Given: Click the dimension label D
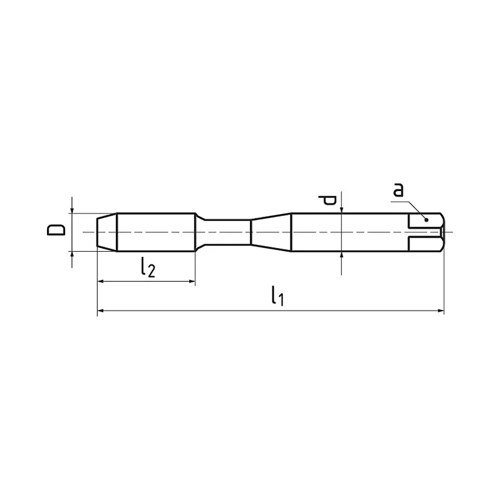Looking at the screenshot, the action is pyautogui.click(x=56, y=230).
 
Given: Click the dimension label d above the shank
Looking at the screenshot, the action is pyautogui.click(x=327, y=200).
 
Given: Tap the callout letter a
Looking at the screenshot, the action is pyautogui.click(x=398, y=190).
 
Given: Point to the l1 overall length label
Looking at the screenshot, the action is pyautogui.click(x=277, y=296).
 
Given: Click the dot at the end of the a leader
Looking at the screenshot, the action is pyautogui.click(x=426, y=220).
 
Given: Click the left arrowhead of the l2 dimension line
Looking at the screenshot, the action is pyautogui.click(x=100, y=281).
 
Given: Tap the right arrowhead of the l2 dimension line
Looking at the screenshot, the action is pyautogui.click(x=192, y=281).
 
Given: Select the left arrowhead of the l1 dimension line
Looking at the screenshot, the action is pyautogui.click(x=100, y=310).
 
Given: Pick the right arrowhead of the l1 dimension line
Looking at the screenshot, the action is pyautogui.click(x=441, y=310).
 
